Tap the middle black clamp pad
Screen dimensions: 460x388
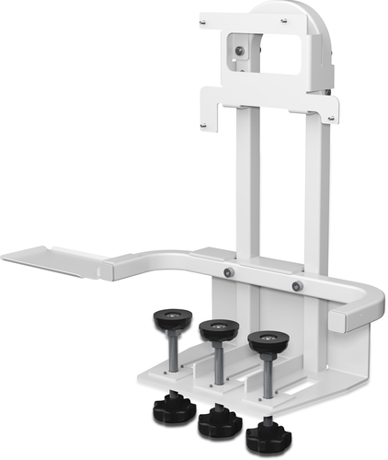pyautogui.click(x=219, y=328)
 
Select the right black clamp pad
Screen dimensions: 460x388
pyautogui.click(x=268, y=341)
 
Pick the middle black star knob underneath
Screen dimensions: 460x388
pyautogui.click(x=219, y=420)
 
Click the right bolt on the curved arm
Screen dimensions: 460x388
pyautogui.click(x=297, y=287)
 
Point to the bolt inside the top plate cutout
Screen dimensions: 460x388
pyautogui.click(x=241, y=52)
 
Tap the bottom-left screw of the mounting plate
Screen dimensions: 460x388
pyautogui.click(x=202, y=124)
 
